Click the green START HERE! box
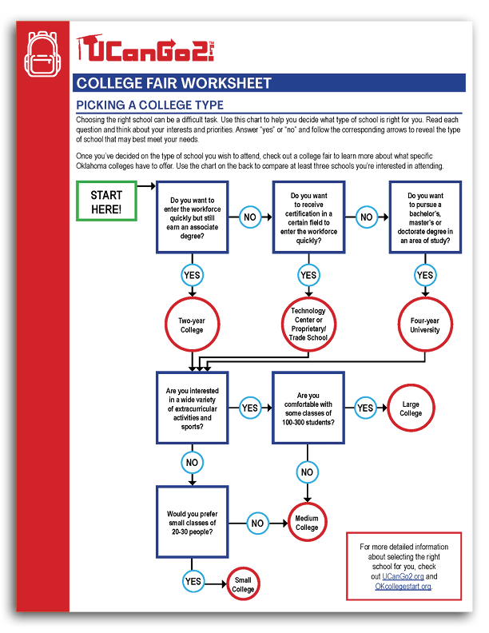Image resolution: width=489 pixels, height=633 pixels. (106, 201)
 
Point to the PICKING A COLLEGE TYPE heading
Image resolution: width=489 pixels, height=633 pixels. (149, 105)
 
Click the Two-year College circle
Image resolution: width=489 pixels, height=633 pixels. (192, 324)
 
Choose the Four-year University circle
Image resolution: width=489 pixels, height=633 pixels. (425, 324)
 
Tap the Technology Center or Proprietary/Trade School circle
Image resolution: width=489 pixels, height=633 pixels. (308, 324)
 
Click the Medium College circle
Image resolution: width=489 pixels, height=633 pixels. (308, 523)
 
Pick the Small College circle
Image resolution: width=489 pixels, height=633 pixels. (243, 585)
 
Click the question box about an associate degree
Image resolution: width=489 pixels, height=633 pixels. (192, 217)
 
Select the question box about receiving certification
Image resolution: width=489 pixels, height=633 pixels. (308, 217)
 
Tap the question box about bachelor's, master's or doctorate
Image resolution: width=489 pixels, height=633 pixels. (425, 217)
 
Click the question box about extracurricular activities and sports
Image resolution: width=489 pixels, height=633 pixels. (192, 408)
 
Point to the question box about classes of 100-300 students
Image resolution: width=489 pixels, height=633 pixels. (308, 408)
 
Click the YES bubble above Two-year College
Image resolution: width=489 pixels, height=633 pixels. (192, 276)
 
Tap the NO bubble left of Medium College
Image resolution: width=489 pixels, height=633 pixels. (257, 524)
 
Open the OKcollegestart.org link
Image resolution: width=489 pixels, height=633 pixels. (404, 586)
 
